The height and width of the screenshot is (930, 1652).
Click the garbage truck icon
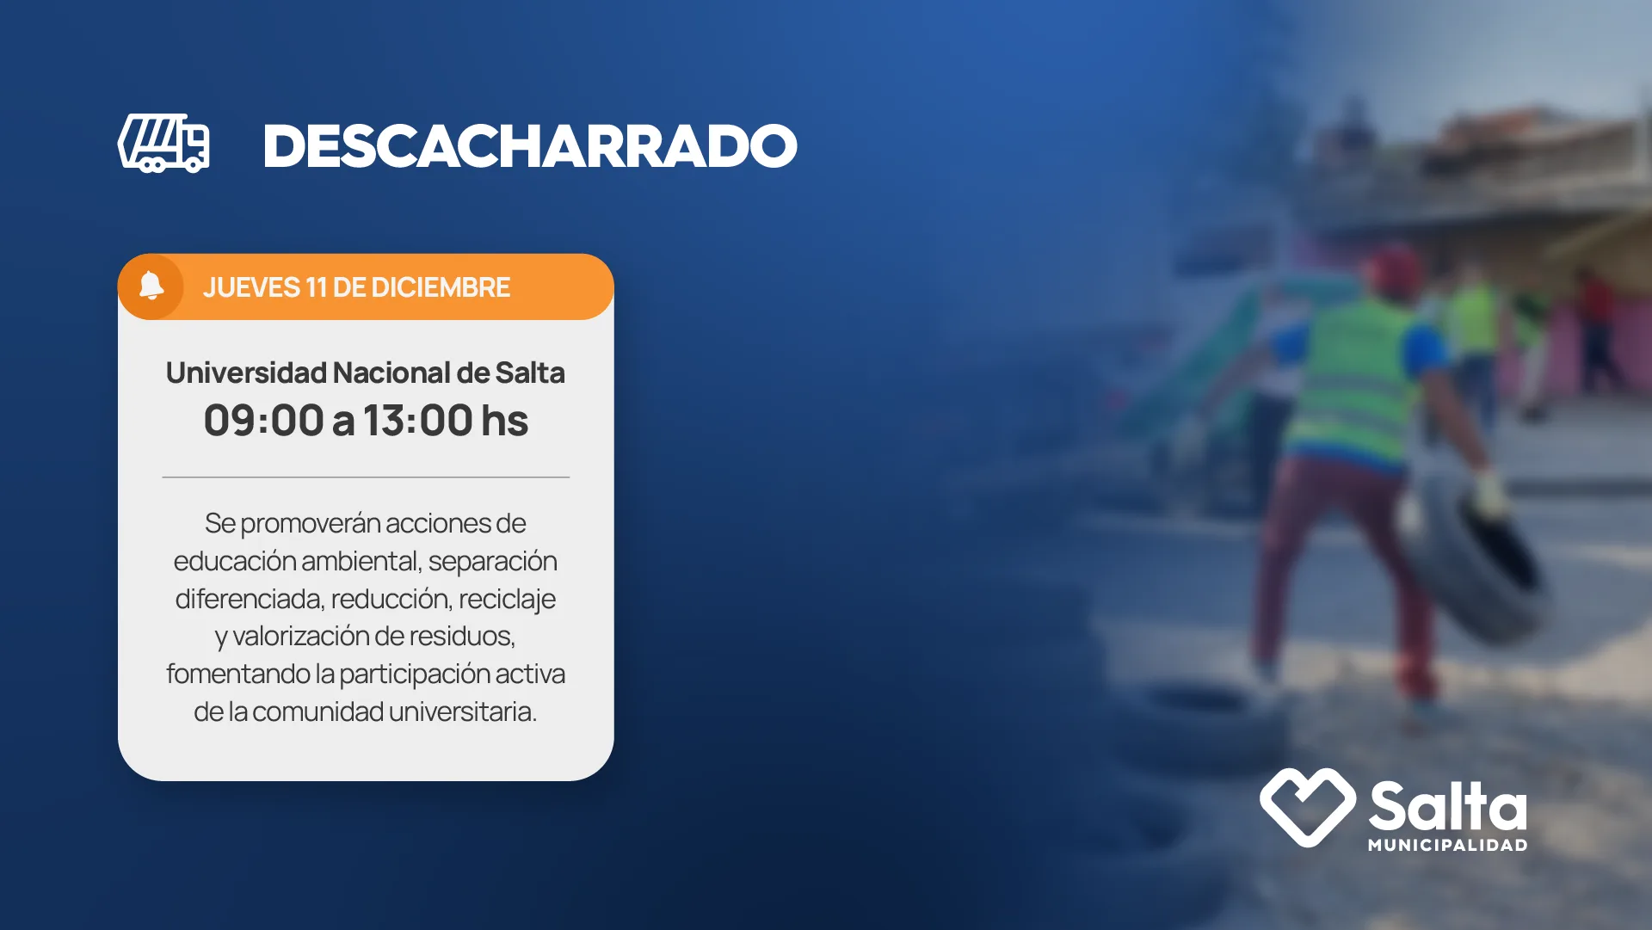(163, 144)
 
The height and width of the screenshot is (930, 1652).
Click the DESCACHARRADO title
(530, 146)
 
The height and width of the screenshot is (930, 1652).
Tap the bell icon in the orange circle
(151, 286)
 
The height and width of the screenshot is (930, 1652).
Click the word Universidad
(246, 373)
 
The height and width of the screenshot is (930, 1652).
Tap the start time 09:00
(264, 421)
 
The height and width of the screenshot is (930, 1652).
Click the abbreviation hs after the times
(505, 421)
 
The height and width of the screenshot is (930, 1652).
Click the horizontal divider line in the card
(366, 477)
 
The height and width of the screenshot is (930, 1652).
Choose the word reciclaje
(507, 599)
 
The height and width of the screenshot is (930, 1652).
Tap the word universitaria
(463, 711)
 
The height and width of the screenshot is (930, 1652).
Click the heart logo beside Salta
(1308, 807)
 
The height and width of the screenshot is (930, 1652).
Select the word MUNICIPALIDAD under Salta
(1448, 845)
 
